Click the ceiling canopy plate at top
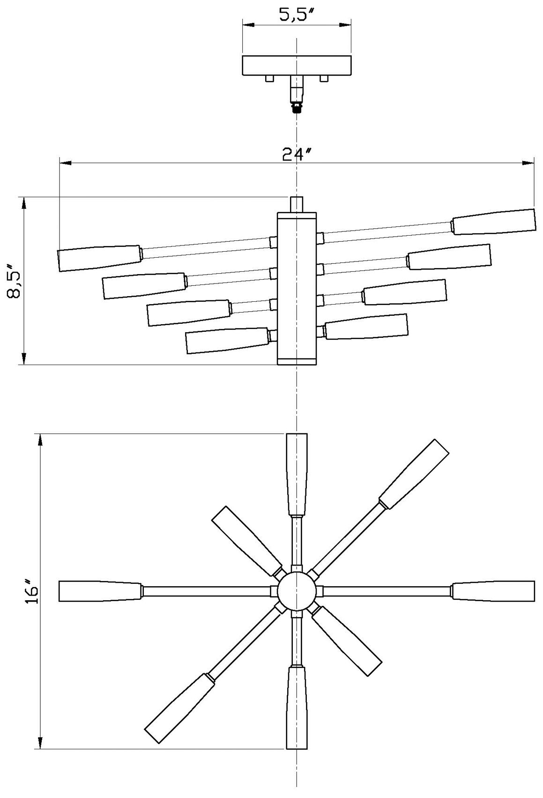(297, 66)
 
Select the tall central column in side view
(297, 288)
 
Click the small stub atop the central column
(297, 204)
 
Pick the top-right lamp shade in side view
(494, 221)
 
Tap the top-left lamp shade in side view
(99, 257)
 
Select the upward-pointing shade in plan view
(297, 474)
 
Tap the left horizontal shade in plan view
(100, 591)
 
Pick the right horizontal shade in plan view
(493, 591)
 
